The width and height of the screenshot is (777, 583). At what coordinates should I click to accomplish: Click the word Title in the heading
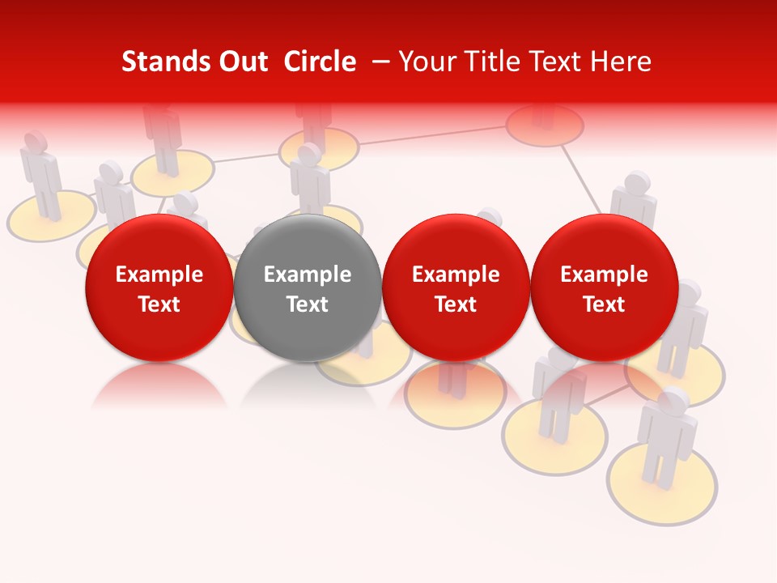pos(494,62)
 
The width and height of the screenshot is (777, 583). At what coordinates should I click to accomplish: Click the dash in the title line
pos(378,62)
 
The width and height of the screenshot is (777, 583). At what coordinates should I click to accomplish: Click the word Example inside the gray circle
pos(308,274)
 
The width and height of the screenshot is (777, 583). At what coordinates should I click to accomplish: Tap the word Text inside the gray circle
pos(308,304)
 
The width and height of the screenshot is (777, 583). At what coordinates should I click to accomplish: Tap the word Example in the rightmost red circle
pos(604,274)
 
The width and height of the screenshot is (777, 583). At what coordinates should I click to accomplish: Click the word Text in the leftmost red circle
pos(159,304)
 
